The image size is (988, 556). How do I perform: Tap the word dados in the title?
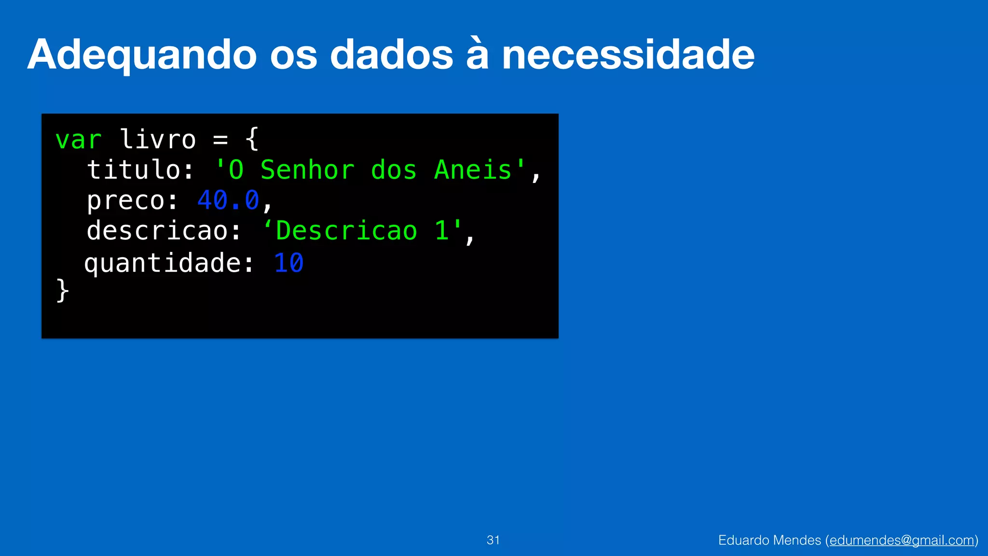pos(391,55)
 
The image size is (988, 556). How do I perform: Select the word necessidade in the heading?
pos(628,55)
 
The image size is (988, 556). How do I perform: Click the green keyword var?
pos(78,140)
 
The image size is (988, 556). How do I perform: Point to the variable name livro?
pos(157,139)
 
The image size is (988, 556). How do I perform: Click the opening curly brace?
pos(252,139)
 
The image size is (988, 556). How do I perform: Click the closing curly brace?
pos(63,291)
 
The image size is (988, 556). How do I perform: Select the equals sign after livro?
pos(220,140)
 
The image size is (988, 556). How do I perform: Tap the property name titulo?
pos(134,170)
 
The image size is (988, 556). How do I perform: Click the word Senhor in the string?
pos(307,170)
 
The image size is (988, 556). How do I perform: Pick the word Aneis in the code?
pos(473,170)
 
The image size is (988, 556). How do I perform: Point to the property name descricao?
pos(157,231)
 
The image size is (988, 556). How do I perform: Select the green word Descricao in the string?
pos(346,231)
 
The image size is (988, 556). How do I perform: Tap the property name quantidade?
pos(163,263)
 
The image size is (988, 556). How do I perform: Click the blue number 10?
pos(288,263)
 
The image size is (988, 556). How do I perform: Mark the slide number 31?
pos(493,540)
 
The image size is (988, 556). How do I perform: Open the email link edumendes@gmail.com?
pos(902,540)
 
